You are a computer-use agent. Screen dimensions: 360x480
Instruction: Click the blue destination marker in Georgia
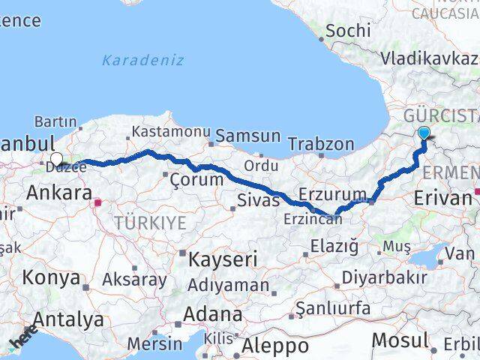pyautogui.click(x=424, y=133)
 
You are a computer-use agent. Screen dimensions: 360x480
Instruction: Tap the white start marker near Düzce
pyautogui.click(x=55, y=159)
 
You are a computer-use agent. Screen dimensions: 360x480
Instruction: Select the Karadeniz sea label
pyautogui.click(x=142, y=61)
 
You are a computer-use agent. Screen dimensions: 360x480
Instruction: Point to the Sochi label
pyautogui.click(x=348, y=31)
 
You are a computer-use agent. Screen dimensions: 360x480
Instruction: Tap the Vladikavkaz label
pyautogui.click(x=429, y=58)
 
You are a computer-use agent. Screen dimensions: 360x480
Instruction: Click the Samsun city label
pyautogui.click(x=247, y=136)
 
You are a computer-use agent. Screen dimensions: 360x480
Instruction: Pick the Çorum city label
pyautogui.click(x=196, y=179)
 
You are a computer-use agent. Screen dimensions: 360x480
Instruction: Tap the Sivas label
pyautogui.click(x=258, y=199)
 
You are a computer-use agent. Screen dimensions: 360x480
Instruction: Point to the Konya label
pyautogui.click(x=51, y=277)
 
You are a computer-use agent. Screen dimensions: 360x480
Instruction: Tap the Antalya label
pyautogui.click(x=68, y=320)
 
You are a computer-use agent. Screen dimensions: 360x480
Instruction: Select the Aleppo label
pyautogui.click(x=275, y=346)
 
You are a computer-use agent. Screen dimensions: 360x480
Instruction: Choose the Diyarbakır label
pyautogui.click(x=385, y=276)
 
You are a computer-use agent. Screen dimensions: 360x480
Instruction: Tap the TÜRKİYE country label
pyautogui.click(x=149, y=222)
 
